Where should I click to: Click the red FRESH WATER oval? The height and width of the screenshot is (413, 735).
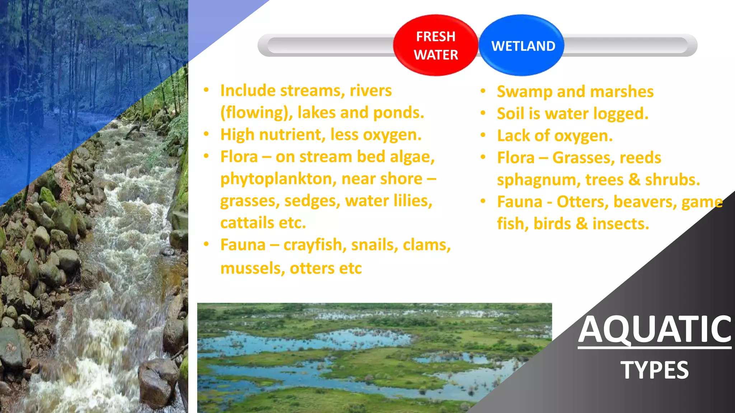436,46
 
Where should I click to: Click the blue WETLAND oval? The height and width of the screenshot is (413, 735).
523,46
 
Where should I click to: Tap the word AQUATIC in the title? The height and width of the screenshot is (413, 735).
655,329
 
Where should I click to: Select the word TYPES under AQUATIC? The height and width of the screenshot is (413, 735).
655,370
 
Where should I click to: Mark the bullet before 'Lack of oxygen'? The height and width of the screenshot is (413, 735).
483,136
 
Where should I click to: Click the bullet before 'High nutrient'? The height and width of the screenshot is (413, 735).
206,134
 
